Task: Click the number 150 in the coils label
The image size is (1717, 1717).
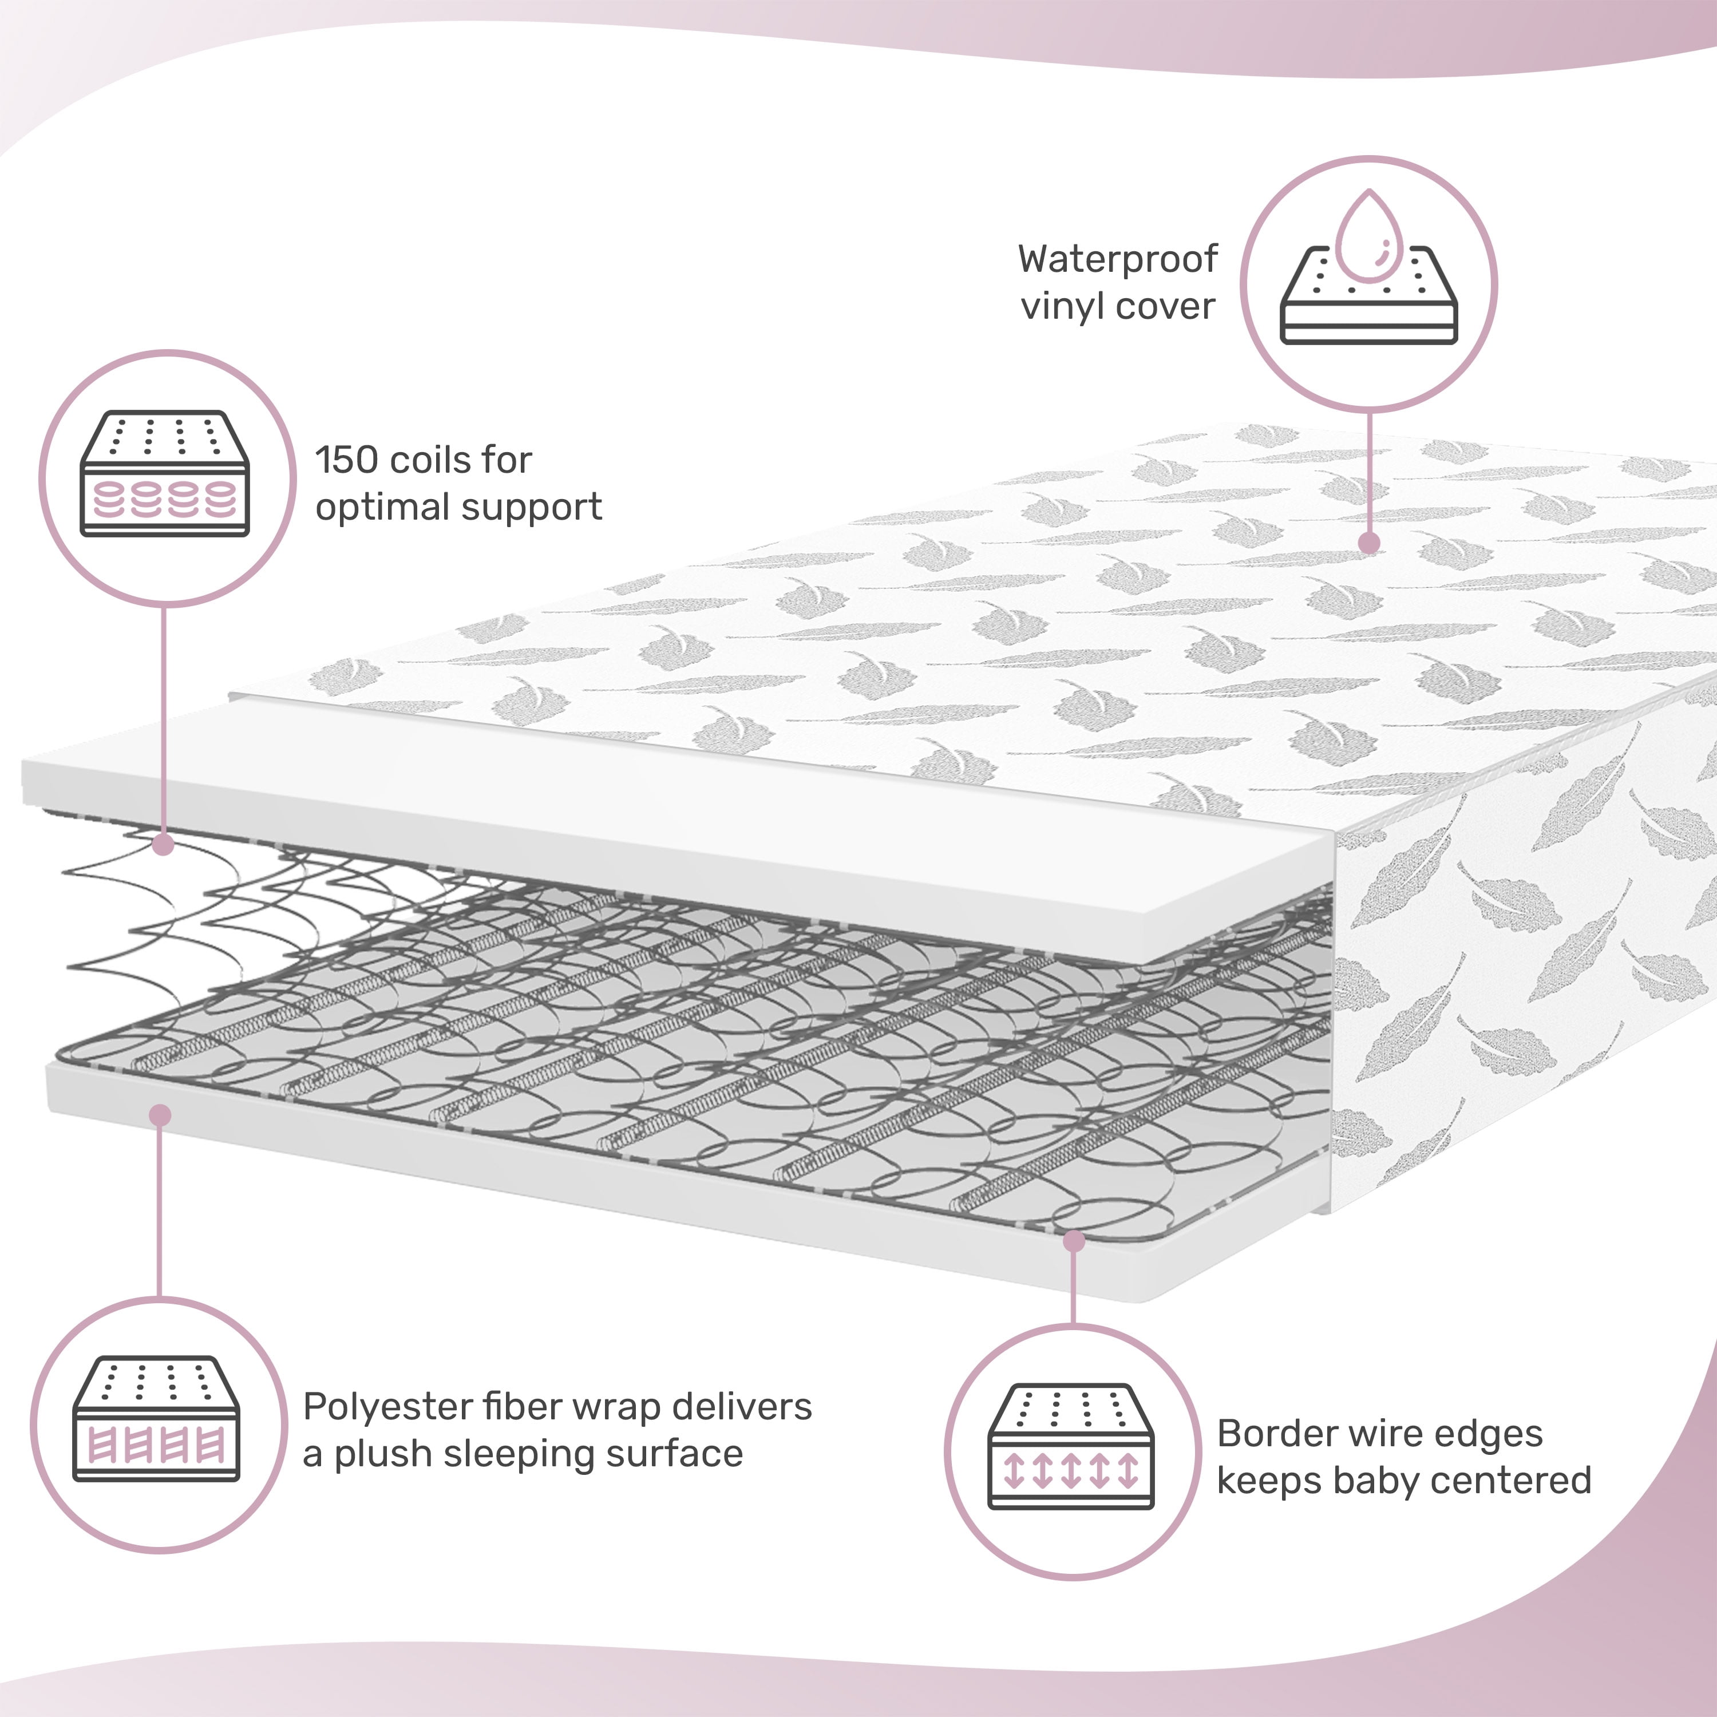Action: [x=347, y=460]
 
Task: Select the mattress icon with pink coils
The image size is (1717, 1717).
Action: [x=165, y=474]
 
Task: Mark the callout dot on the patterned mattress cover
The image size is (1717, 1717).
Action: [x=1370, y=543]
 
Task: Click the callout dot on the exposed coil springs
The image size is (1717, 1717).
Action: [x=163, y=844]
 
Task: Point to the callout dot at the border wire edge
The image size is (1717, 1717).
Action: [x=1074, y=1241]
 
